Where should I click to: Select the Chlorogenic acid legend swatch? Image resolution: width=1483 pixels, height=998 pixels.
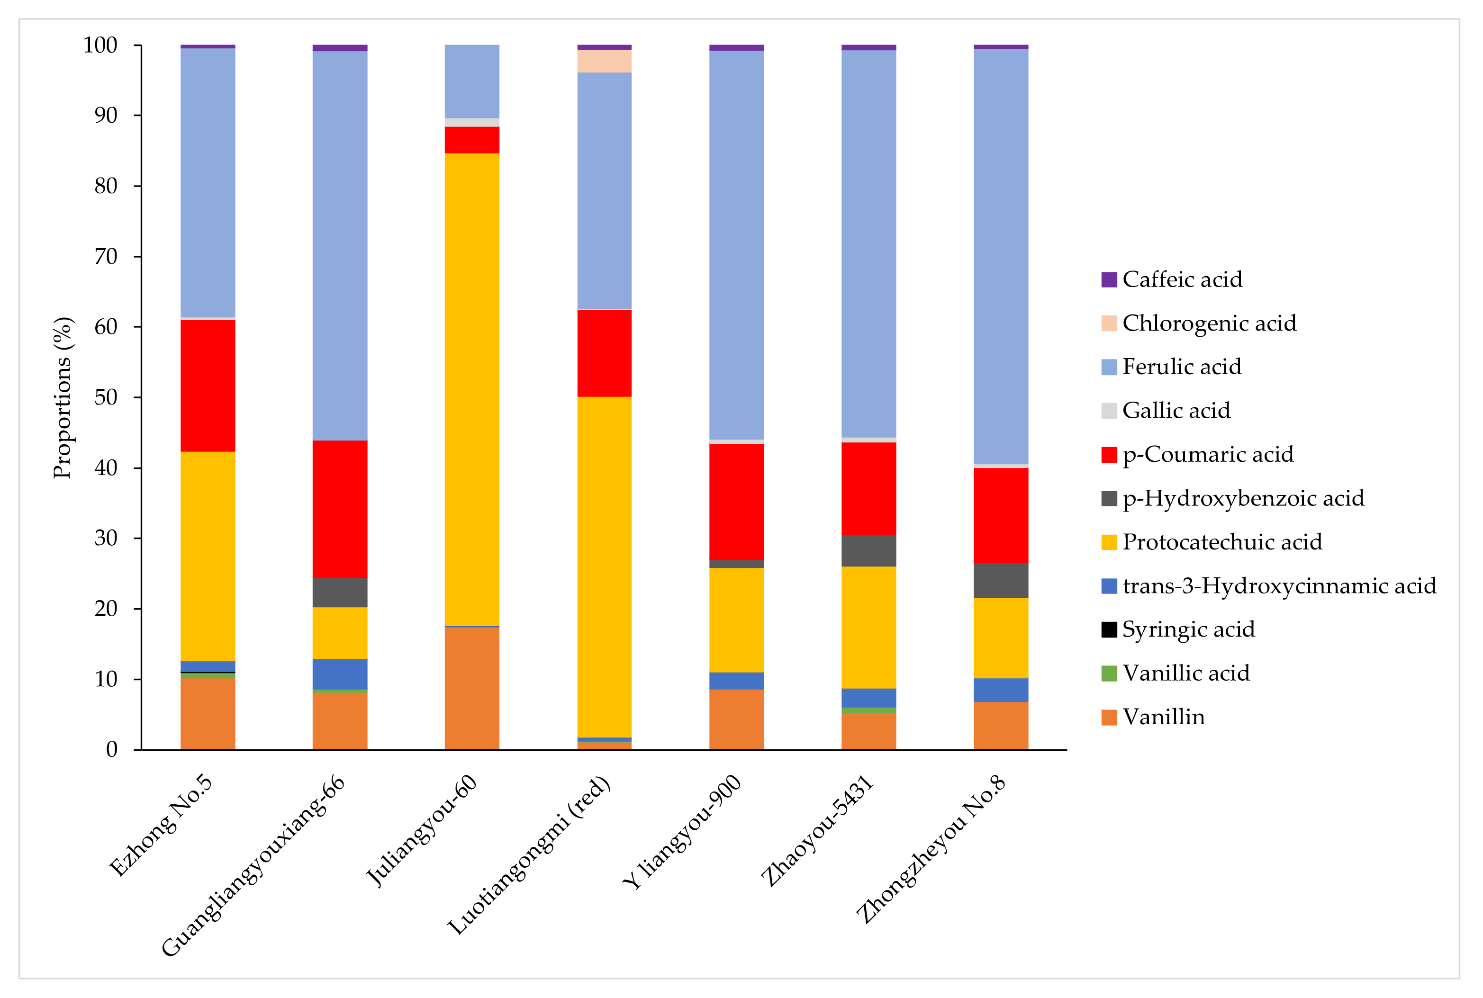point(1109,324)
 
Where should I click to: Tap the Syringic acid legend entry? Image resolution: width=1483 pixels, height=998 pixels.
point(1188,629)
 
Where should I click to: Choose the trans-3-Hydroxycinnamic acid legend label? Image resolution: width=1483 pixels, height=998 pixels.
point(1279,585)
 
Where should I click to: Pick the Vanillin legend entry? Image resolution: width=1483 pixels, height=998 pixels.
point(1163,717)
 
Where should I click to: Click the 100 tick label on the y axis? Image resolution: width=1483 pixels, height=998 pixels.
point(100,45)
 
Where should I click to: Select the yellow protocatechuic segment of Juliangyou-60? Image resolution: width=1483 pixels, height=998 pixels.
point(471,389)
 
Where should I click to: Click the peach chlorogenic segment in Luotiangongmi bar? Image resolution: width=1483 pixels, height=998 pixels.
point(604,61)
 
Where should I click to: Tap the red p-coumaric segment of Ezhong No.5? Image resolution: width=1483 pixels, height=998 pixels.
point(208,386)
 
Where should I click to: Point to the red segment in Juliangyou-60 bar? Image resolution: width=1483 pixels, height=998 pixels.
point(471,140)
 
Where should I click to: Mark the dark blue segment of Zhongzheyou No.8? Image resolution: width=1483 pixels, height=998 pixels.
point(1001,690)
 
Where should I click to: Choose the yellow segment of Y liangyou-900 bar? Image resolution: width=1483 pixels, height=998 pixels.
point(736,620)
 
